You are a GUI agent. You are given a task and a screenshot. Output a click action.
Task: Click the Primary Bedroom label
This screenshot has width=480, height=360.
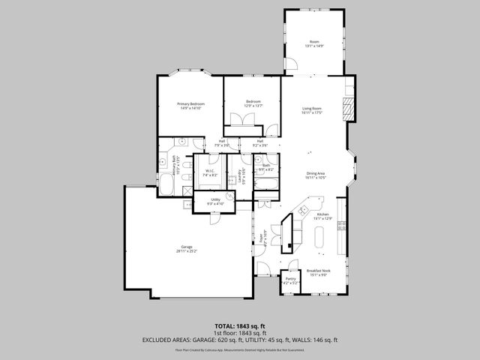[x=190, y=103]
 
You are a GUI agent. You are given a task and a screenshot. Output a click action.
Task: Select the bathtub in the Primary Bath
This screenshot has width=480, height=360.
[x=166, y=186]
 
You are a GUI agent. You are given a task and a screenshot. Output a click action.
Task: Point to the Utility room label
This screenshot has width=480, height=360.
[x=215, y=199]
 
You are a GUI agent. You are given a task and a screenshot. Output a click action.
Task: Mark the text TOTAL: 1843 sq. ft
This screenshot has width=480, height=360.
[x=240, y=325]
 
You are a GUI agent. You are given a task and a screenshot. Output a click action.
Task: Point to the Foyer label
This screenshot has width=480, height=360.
[x=261, y=239]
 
